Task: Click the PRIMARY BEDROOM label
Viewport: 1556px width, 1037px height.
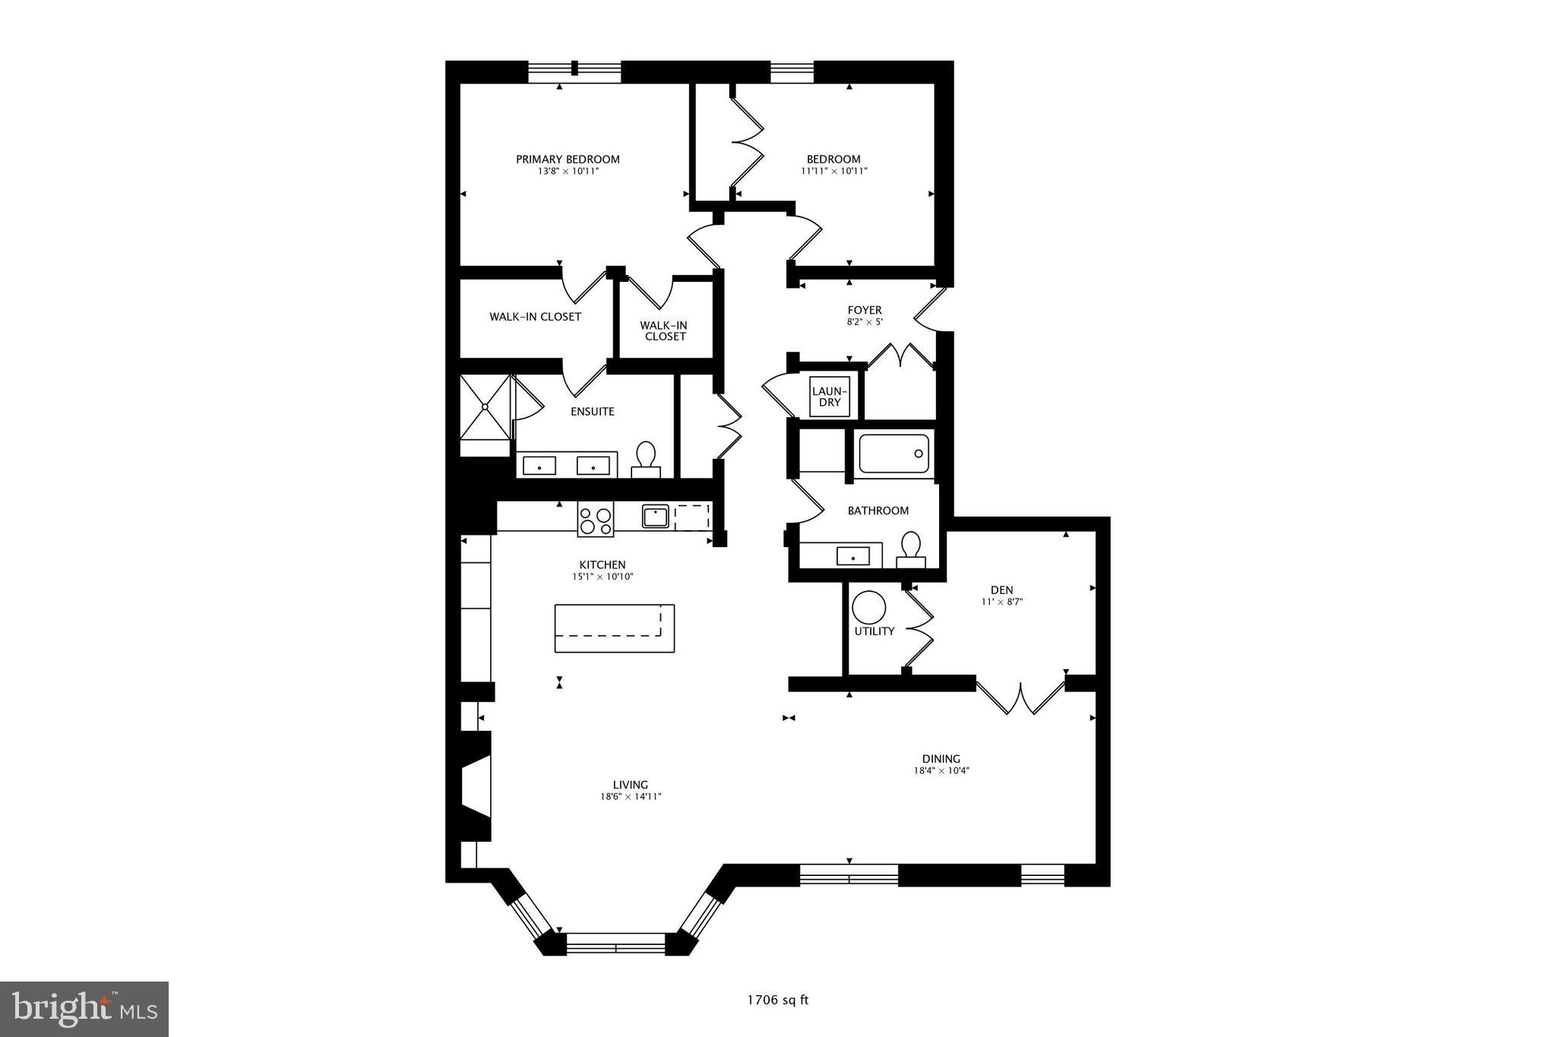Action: [568, 160]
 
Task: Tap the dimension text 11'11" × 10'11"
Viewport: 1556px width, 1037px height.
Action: [833, 172]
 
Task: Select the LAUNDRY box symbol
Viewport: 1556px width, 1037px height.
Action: [829, 397]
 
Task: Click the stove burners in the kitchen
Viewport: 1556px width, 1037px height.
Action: [596, 520]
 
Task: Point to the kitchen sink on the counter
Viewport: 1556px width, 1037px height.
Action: [654, 517]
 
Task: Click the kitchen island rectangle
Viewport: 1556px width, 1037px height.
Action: [614, 628]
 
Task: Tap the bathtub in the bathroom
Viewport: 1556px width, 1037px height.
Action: [893, 454]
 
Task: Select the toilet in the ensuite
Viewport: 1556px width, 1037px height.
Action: [646, 459]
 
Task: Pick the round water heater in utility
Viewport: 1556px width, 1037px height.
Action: [868, 609]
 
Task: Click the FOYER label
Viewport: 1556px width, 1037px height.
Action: [865, 310]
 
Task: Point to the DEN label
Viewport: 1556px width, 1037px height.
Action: [1001, 590]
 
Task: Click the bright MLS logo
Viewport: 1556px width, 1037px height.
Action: [84, 1009]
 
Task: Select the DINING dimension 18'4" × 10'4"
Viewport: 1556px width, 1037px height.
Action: [941, 770]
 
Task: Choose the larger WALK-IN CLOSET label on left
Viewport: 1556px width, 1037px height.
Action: [535, 317]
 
